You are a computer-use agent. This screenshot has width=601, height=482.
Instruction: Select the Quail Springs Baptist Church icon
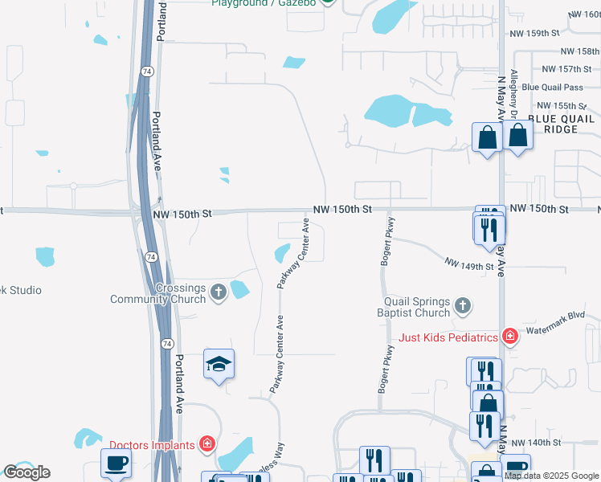click(461, 305)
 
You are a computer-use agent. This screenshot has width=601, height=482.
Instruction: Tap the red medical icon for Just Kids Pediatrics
click(509, 336)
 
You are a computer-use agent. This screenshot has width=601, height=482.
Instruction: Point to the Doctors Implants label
click(152, 445)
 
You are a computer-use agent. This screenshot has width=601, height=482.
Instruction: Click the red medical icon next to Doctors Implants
click(207, 443)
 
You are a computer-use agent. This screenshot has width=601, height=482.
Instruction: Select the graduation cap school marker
click(219, 366)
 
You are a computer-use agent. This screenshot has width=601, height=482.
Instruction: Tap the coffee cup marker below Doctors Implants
click(116, 464)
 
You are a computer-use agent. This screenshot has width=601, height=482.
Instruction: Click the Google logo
click(27, 472)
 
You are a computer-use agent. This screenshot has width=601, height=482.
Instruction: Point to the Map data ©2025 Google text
click(552, 476)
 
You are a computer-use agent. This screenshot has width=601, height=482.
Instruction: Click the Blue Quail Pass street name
click(551, 88)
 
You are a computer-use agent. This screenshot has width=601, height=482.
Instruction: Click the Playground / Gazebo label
click(263, 3)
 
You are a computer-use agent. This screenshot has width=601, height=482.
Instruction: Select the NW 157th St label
click(561, 69)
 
